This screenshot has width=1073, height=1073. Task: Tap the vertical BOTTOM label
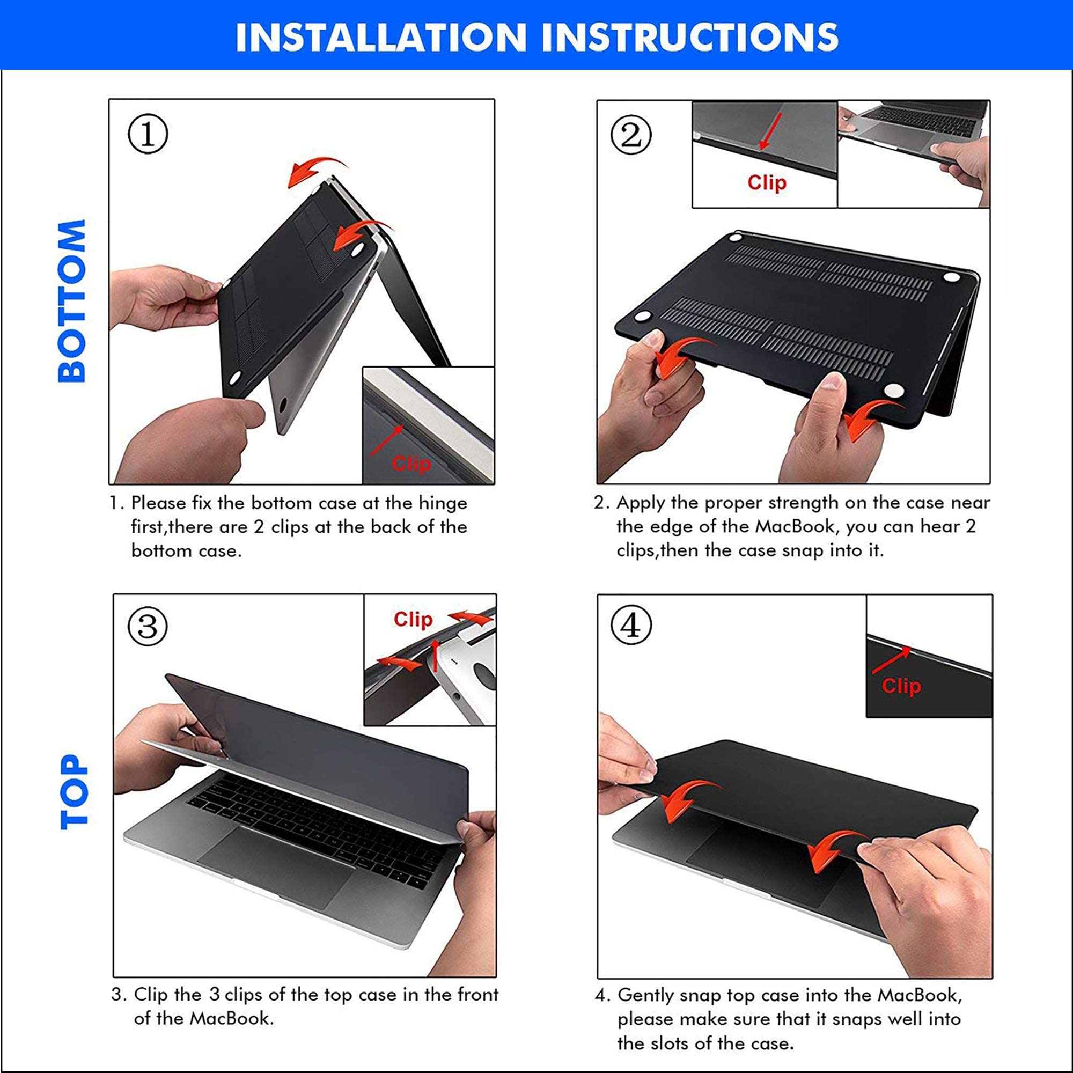[x=72, y=300]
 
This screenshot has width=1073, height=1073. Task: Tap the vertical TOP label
[x=74, y=792]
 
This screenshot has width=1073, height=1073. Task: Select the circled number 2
[x=631, y=135]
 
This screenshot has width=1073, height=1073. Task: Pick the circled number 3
[x=148, y=626]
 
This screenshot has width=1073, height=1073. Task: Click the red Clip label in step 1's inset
[x=411, y=464]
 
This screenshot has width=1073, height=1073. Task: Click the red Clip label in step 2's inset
[x=767, y=182]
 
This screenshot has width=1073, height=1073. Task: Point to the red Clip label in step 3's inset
[x=413, y=619]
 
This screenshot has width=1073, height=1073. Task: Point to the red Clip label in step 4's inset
[x=901, y=686]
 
